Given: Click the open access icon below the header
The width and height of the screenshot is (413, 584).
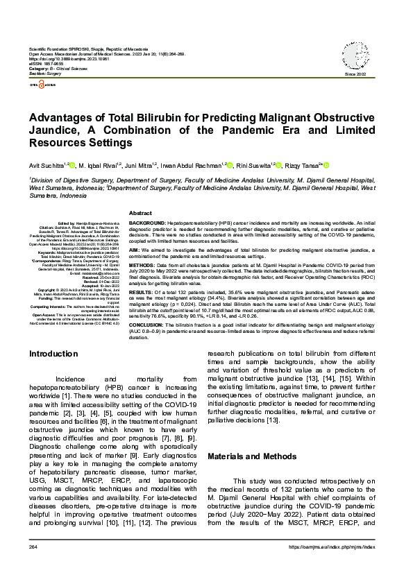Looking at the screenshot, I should tap(40, 85).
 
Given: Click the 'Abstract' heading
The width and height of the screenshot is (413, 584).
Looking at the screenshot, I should tap(140, 213).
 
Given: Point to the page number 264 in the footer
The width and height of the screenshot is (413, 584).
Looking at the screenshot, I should tap(33, 548).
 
